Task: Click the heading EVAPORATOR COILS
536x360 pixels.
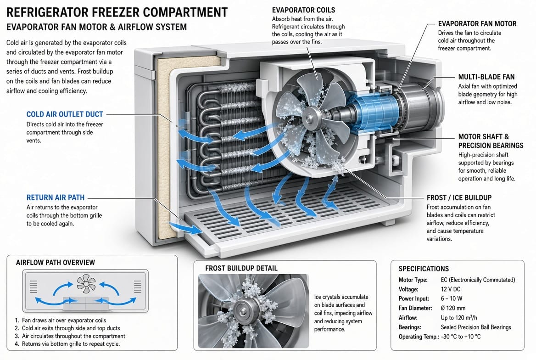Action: (303, 10)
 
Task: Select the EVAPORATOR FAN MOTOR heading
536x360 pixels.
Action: (477, 24)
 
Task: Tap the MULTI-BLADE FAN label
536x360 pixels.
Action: (486, 77)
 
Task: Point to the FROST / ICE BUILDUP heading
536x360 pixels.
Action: (459, 198)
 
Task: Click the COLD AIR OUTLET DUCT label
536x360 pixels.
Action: (65, 114)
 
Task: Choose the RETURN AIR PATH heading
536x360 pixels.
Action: (56, 197)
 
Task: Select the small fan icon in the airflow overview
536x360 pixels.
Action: (86, 284)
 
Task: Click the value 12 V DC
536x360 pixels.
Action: (450, 289)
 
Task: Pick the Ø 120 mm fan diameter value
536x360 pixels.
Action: (453, 308)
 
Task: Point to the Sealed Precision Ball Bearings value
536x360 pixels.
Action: (476, 327)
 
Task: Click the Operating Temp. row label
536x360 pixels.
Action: (419, 337)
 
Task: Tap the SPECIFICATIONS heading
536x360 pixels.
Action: (424, 269)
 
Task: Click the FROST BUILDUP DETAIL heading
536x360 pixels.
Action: (241, 268)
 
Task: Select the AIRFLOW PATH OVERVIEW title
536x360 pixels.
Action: (56, 263)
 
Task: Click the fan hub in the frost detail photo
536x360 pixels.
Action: (243, 307)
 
